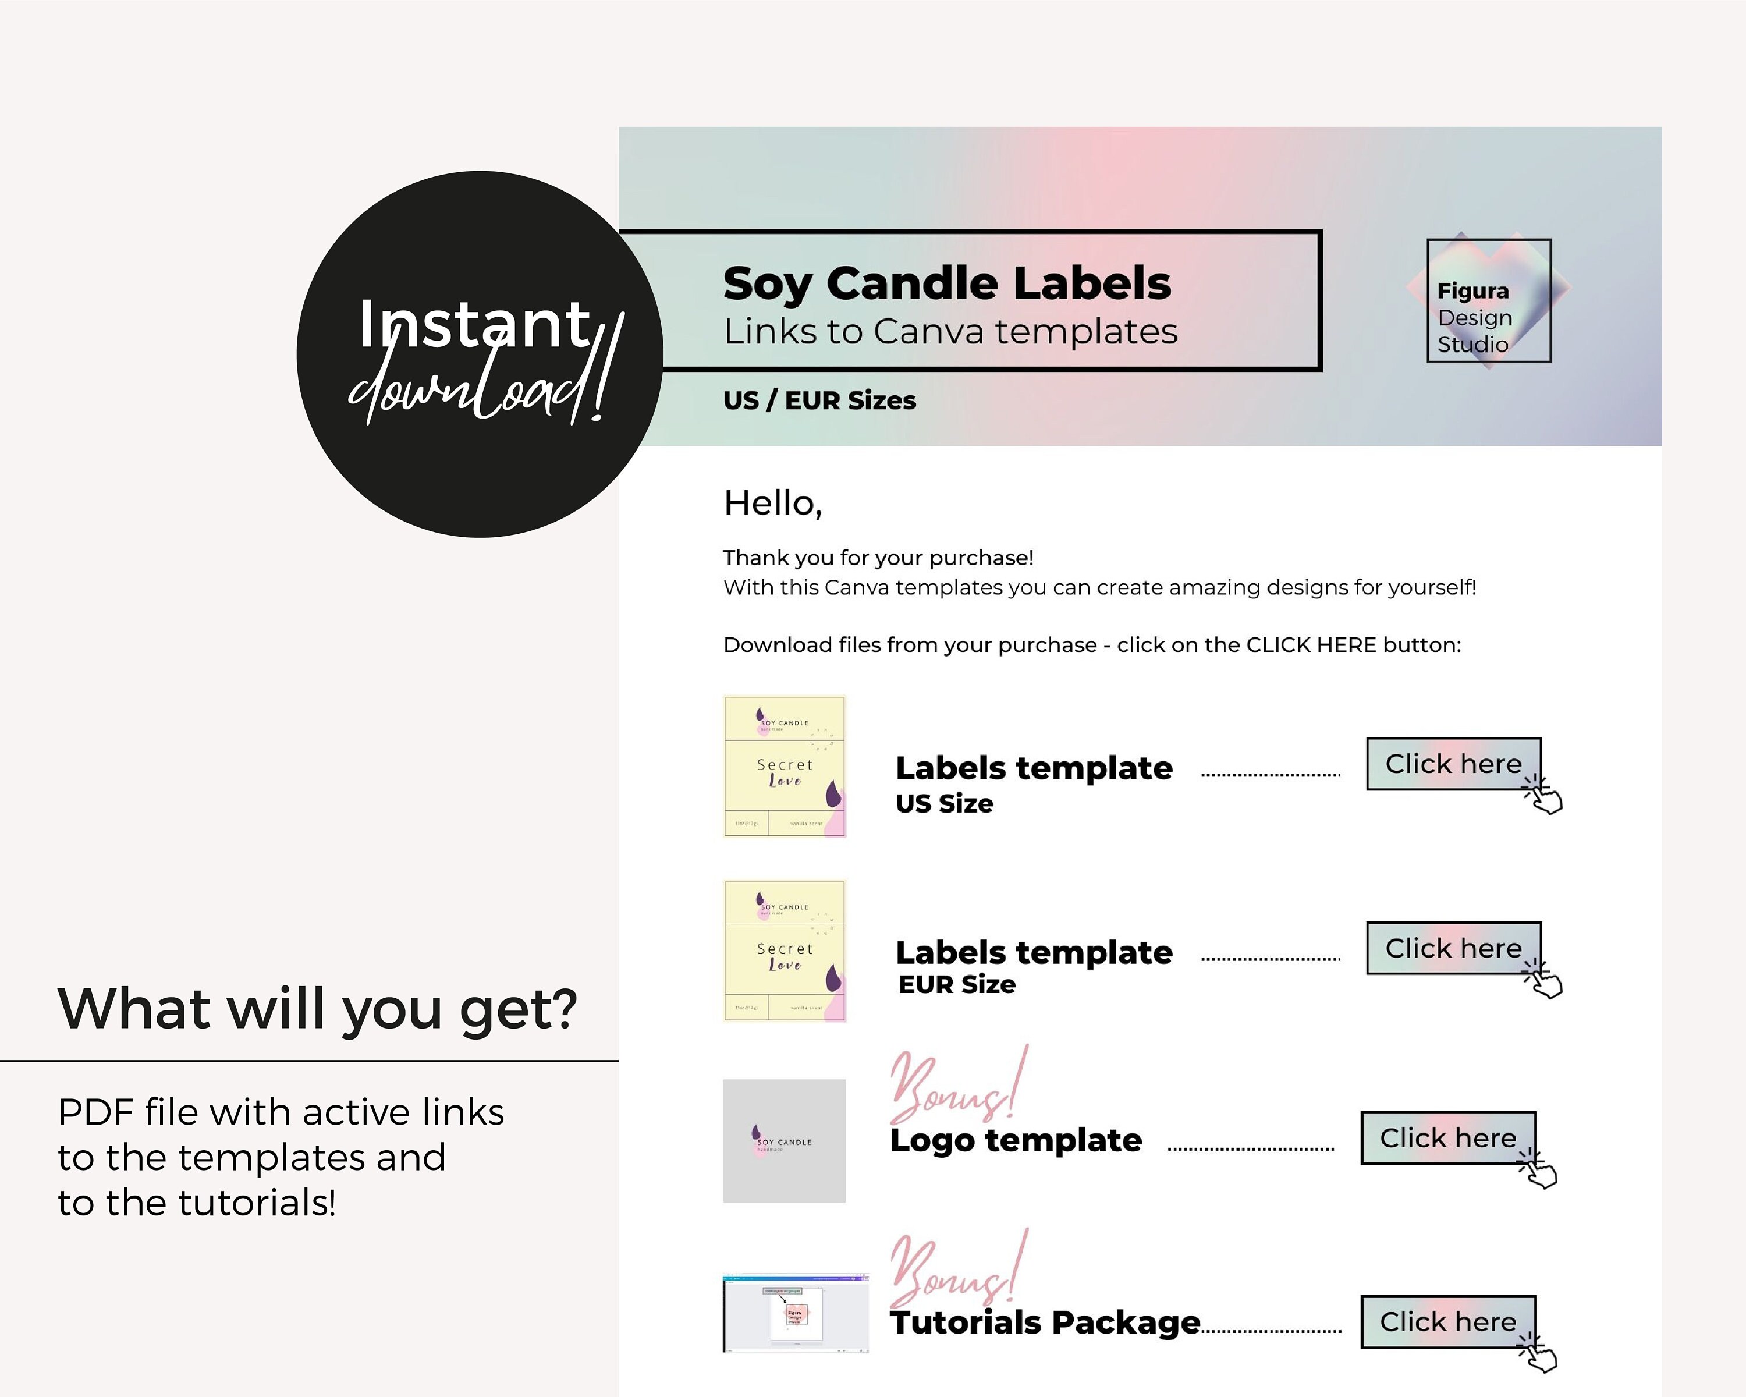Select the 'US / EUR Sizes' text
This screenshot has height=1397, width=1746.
tap(819, 400)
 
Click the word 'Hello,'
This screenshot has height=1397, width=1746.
tap(772, 503)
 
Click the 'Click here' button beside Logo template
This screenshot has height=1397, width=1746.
tap(1448, 1138)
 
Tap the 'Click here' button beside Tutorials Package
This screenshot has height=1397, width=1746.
tap(1448, 1322)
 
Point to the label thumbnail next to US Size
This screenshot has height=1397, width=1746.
tap(784, 766)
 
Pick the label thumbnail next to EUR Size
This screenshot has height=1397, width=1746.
tap(784, 951)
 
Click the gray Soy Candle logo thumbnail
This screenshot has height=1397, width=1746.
tap(784, 1140)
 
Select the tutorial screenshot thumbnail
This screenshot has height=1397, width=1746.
tap(795, 1313)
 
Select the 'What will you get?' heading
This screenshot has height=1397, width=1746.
tap(317, 1009)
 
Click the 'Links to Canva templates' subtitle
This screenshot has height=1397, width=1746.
tap(950, 331)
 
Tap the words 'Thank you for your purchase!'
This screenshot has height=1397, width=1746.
tap(878, 558)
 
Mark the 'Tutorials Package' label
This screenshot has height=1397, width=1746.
tap(1045, 1322)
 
